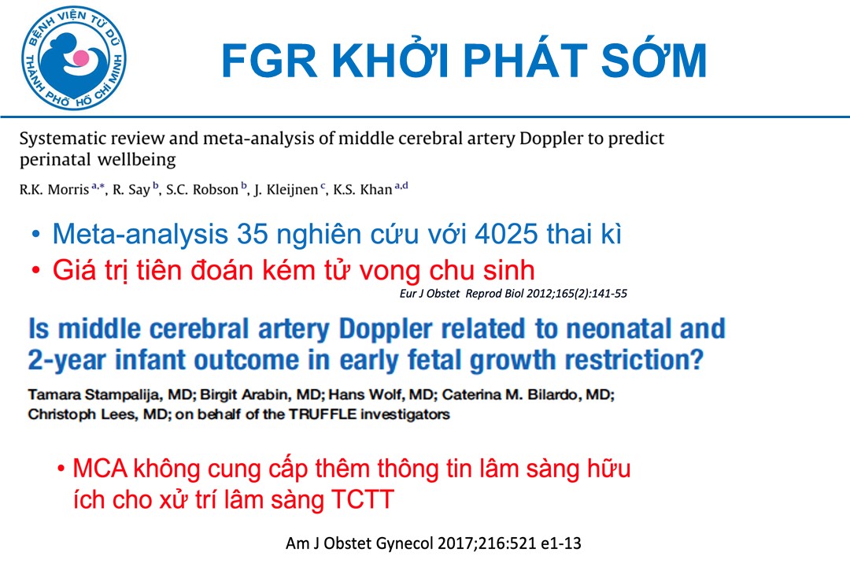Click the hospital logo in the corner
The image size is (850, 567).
pos(74,58)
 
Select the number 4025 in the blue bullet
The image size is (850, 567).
pos(506,234)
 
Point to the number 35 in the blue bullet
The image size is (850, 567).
pos(252,234)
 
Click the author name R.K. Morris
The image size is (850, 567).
pos(54,189)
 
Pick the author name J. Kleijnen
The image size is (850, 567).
pos(286,189)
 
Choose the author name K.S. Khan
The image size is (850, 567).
pos(363,189)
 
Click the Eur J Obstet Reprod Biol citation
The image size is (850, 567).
pos(513,294)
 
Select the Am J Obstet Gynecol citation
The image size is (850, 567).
pos(433,543)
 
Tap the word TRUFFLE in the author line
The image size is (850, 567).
pos(323,414)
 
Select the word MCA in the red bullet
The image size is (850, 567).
pos(100,469)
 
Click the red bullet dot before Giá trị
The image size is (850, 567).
pos(35,270)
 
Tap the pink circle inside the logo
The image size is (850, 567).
pos(81,57)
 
